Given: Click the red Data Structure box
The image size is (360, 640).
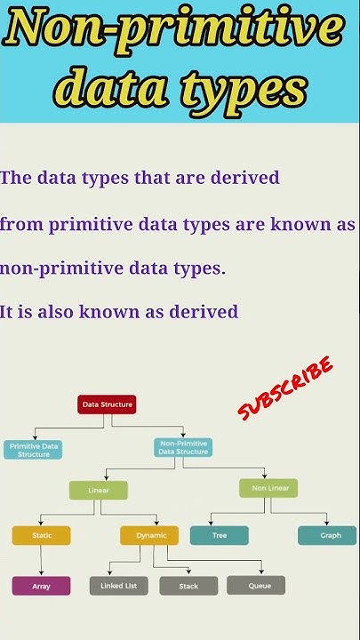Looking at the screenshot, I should pos(108,404).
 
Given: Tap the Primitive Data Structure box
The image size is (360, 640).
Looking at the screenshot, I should pos(33,449).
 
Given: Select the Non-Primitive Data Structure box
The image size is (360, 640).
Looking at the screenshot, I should pos(184,447).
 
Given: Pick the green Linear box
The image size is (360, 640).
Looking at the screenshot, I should pos(98,490).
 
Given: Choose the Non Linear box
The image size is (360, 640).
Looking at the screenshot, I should pos(268,488).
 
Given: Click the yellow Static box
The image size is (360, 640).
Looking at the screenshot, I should pos(41,535).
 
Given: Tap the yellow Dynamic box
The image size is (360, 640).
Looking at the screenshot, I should pos(149,535).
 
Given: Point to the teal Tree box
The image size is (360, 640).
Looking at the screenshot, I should pos(219,535).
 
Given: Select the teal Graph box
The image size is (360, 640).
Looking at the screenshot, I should pos(327,535).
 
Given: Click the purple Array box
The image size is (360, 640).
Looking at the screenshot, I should pos(41,586).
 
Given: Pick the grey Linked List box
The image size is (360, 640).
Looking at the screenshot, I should pos(119,586).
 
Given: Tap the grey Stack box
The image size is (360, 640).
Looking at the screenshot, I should pos(188,586).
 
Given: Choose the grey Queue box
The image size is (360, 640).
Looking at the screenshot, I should pos(256,585).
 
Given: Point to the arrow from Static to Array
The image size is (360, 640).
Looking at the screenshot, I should pos(41,560).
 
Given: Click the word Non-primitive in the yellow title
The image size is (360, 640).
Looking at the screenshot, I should pos(173,32).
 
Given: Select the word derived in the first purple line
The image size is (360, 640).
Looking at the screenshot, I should pos(245,178).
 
